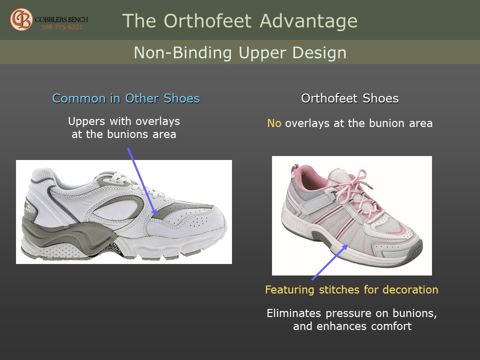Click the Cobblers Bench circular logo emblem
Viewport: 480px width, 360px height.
(21, 19)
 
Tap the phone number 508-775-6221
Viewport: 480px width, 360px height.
(62, 27)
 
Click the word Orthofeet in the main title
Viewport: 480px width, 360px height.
(207, 21)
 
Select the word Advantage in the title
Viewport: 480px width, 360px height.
(308, 21)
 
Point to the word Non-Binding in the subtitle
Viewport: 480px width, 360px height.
(183, 52)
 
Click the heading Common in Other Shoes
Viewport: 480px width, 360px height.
(126, 98)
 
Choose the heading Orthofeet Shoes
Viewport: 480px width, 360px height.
(350, 98)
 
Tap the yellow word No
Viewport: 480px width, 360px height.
(274, 123)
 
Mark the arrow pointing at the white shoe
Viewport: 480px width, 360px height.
(142, 181)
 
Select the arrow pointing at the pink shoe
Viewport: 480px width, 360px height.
(330, 262)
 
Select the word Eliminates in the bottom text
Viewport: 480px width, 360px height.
(294, 313)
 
